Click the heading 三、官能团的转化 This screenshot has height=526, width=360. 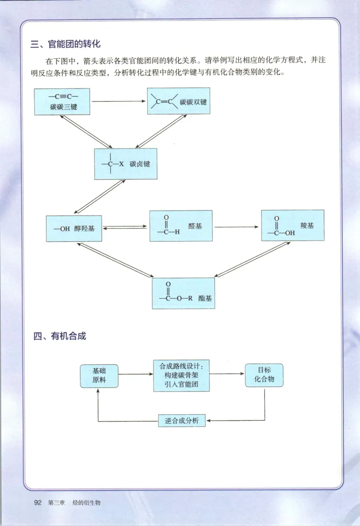(65, 44)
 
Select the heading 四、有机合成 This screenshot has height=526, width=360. (60, 336)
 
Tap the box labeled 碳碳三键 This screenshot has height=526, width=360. (62, 102)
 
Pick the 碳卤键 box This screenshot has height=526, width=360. (126, 164)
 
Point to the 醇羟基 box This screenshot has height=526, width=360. (74, 229)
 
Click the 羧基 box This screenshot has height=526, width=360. (292, 225)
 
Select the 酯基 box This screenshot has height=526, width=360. (183, 293)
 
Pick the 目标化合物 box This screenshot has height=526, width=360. (264, 375)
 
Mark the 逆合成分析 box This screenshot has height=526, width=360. (182, 421)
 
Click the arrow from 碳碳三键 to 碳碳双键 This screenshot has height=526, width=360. (119, 101)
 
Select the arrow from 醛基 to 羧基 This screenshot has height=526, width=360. (237, 227)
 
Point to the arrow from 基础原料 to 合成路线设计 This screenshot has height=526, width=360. (135, 374)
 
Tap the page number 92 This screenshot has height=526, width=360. (38, 503)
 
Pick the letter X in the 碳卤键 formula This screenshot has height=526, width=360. (121, 164)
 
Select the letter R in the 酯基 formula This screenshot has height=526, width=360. (189, 298)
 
